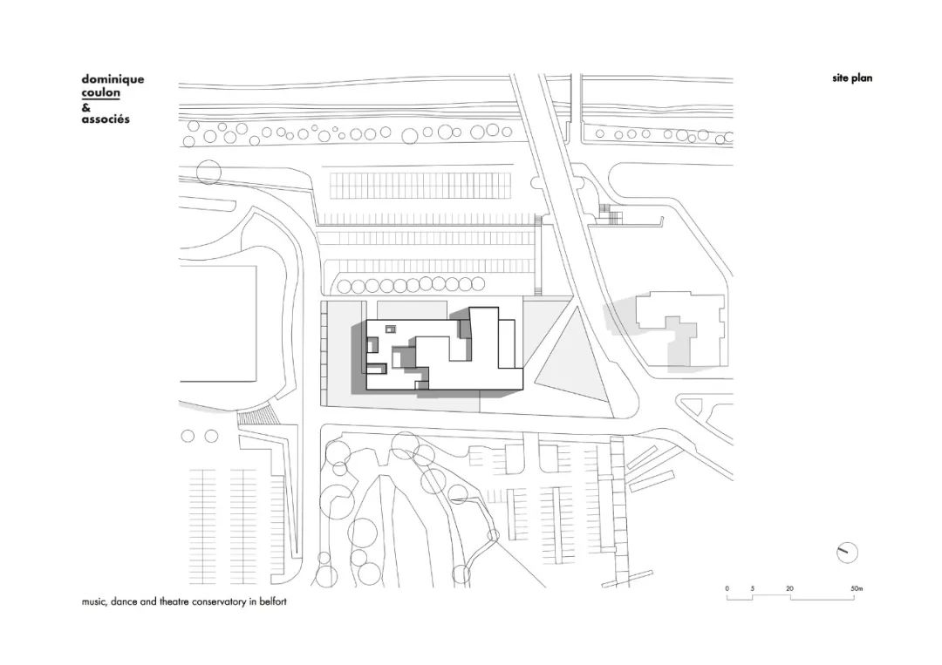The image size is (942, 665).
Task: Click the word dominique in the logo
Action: (x=113, y=79)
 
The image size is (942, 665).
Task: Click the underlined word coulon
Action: (x=100, y=92)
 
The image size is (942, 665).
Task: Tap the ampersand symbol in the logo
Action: (x=85, y=106)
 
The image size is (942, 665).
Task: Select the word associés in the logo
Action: (x=105, y=119)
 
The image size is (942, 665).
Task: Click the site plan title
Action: (x=851, y=78)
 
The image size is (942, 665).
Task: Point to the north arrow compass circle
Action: (x=847, y=552)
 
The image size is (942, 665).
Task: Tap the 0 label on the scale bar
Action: (x=727, y=589)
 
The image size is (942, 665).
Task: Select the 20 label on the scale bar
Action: (x=789, y=589)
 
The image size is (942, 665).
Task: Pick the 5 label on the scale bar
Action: (x=752, y=589)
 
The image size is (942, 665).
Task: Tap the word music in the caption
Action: (x=92, y=602)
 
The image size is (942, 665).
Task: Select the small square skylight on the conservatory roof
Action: (x=390, y=329)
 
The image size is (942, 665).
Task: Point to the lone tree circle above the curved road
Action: (x=209, y=172)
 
